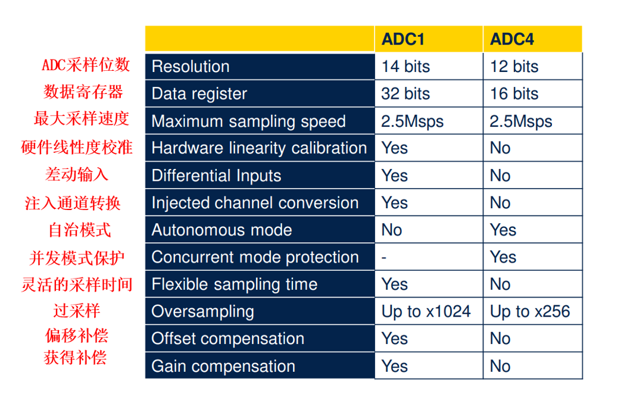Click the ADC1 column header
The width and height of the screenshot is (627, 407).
403,39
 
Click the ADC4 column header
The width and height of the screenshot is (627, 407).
512,39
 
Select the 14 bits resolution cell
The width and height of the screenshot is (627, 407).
405,66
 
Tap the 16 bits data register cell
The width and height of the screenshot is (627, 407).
514,93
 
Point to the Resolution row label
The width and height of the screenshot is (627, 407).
191,66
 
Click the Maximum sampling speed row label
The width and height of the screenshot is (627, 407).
248,121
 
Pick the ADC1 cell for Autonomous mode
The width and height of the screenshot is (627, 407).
391,230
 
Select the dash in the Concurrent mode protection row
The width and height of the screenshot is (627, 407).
384,258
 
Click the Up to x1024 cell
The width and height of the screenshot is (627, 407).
426,312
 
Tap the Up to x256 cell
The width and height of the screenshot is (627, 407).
530,312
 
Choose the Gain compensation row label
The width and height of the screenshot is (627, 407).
223,367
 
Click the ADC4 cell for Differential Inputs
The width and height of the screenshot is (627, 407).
500,176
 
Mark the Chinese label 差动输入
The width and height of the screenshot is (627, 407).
76,174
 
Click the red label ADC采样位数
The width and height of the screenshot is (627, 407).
86,65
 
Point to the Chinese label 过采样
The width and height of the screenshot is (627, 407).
76,311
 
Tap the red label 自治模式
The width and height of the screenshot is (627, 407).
80,230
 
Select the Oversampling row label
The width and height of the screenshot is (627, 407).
202,312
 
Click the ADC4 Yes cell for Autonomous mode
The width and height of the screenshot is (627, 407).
503,230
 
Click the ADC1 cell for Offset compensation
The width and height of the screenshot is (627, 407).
395,339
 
